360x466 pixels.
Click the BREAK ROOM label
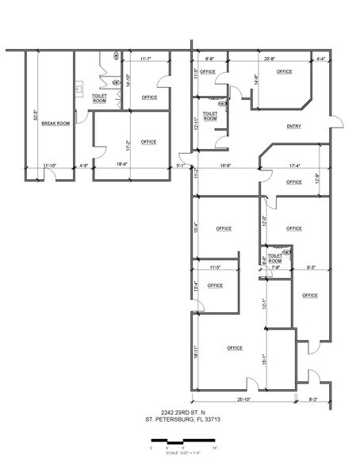(x=53, y=124)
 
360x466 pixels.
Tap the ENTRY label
(x=293, y=127)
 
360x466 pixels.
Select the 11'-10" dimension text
(x=50, y=166)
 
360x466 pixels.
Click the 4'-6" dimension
(x=84, y=166)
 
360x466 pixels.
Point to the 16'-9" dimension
(x=224, y=166)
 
